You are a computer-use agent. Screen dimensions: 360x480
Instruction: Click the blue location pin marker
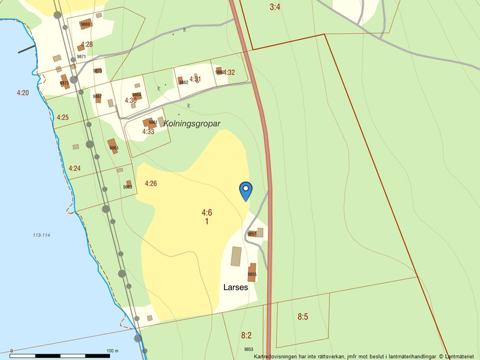(246, 190)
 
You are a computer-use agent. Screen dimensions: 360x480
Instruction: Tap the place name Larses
(236, 287)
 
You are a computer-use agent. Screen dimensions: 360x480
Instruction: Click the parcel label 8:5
(303, 317)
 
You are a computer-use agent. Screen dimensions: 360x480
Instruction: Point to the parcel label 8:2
(246, 335)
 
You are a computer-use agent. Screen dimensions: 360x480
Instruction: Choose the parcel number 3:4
(275, 7)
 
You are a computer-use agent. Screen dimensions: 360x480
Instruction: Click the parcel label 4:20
(23, 92)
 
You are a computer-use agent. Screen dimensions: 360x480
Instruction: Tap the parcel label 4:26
(151, 184)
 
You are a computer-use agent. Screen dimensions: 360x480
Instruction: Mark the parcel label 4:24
(74, 169)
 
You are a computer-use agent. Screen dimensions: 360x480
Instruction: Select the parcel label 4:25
(63, 117)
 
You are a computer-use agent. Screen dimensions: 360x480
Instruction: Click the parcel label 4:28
(87, 44)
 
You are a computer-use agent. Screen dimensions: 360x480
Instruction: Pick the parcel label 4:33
(148, 131)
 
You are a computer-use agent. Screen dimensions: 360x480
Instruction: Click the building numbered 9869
(86, 24)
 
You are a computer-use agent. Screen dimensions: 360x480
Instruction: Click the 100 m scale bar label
(112, 351)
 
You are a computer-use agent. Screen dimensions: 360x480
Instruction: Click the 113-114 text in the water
(42, 235)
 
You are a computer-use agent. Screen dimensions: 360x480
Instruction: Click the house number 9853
(249, 349)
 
